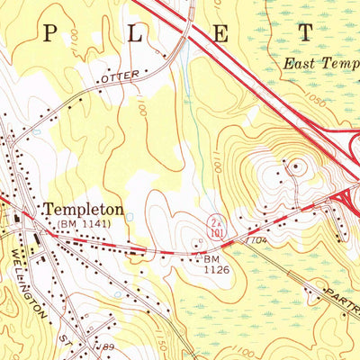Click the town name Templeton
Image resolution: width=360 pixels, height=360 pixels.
click(83, 208)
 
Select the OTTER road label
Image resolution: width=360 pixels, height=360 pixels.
click(122, 80)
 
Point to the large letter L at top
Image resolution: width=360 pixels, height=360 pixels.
click(138, 34)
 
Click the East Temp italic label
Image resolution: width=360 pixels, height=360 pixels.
click(319, 64)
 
